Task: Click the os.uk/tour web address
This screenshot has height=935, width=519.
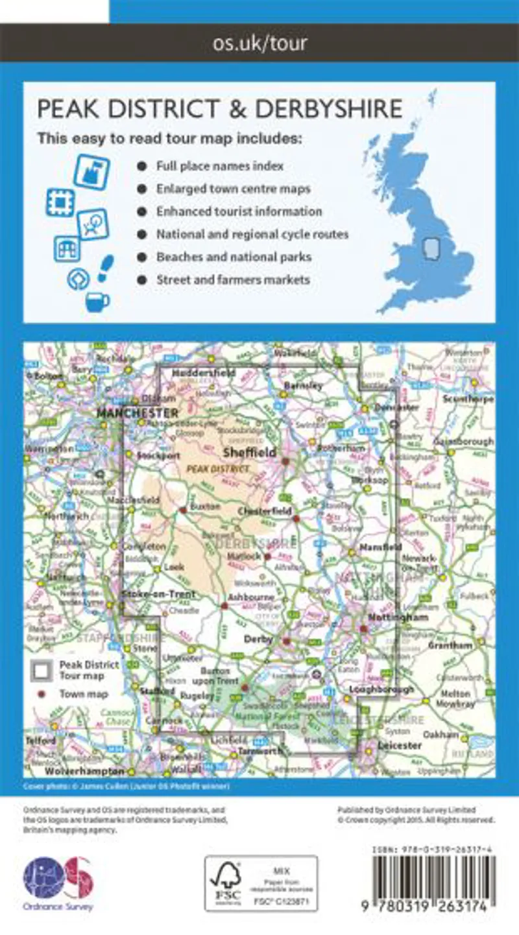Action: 259,43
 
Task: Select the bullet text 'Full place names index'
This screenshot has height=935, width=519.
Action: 219,166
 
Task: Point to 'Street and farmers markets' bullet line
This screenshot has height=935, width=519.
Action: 233,280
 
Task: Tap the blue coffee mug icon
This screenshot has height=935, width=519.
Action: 97,302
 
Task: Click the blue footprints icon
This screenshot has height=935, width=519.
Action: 105,268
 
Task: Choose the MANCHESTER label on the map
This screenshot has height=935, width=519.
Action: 137,412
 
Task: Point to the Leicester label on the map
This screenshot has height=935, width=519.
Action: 399,746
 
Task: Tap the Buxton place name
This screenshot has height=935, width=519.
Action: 205,510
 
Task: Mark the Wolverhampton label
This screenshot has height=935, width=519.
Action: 84,772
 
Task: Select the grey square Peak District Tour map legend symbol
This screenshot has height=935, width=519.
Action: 43,670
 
